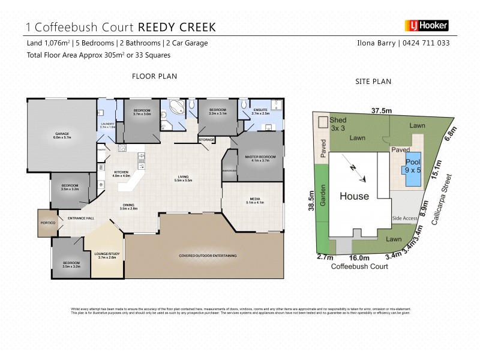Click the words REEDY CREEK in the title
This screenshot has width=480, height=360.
[x=177, y=26]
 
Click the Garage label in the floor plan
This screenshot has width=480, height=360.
[x=63, y=136]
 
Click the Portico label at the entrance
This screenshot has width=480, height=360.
[x=48, y=223]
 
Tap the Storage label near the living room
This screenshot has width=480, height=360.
[x=206, y=140]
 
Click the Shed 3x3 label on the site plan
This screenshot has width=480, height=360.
[x=338, y=124]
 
